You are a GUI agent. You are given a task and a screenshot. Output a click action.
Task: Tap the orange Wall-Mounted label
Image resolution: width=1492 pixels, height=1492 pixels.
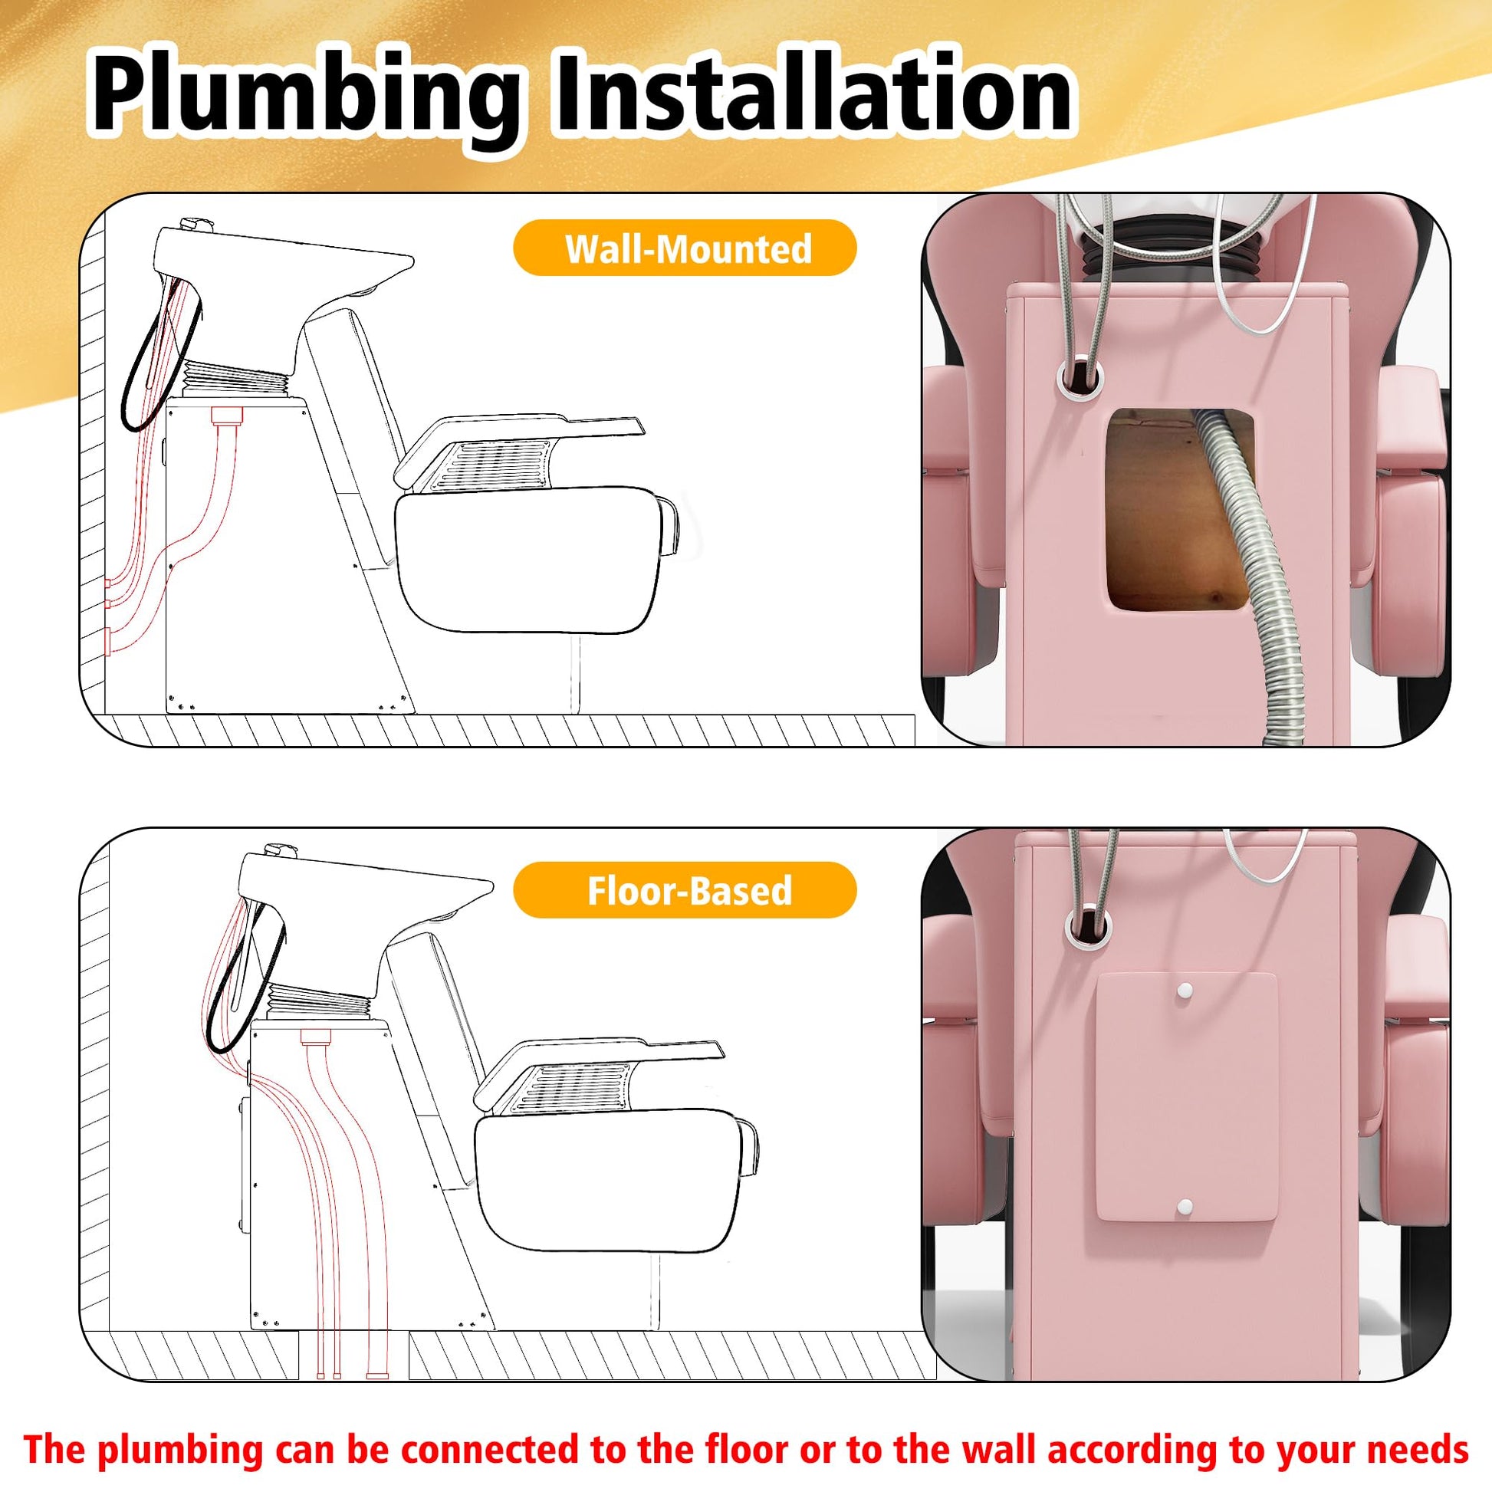(x=685, y=248)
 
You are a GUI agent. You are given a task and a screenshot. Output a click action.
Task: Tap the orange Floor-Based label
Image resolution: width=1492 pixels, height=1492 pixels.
(x=685, y=890)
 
